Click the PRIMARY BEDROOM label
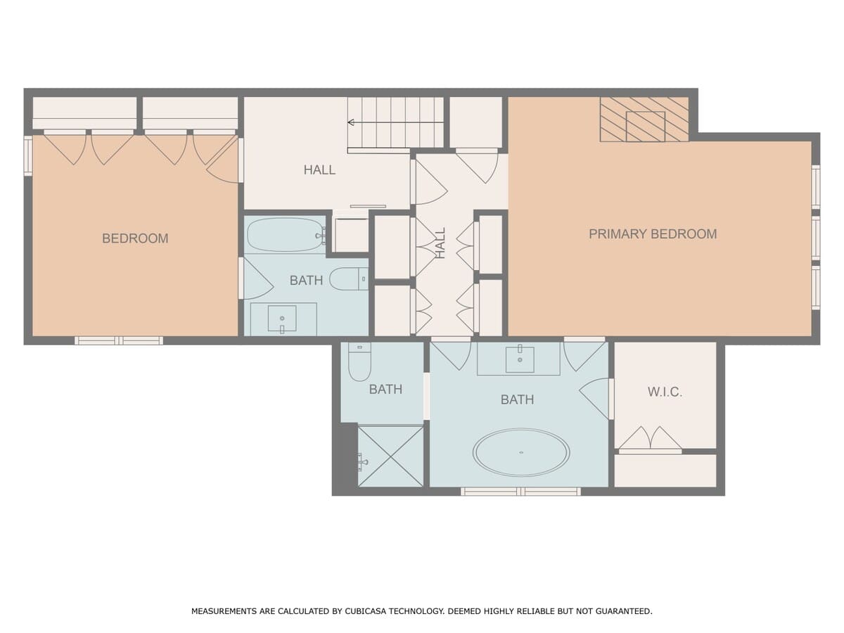653,234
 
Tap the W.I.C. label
665,392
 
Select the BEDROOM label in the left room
135,238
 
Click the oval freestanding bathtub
521,453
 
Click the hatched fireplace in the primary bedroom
644,119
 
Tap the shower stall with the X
390,456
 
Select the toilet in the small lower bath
359,362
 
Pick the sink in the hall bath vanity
282,318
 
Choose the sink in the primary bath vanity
520,359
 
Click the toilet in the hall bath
349,279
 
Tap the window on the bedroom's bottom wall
119,340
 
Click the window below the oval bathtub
520,491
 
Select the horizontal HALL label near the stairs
319,170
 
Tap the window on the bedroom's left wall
28,155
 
